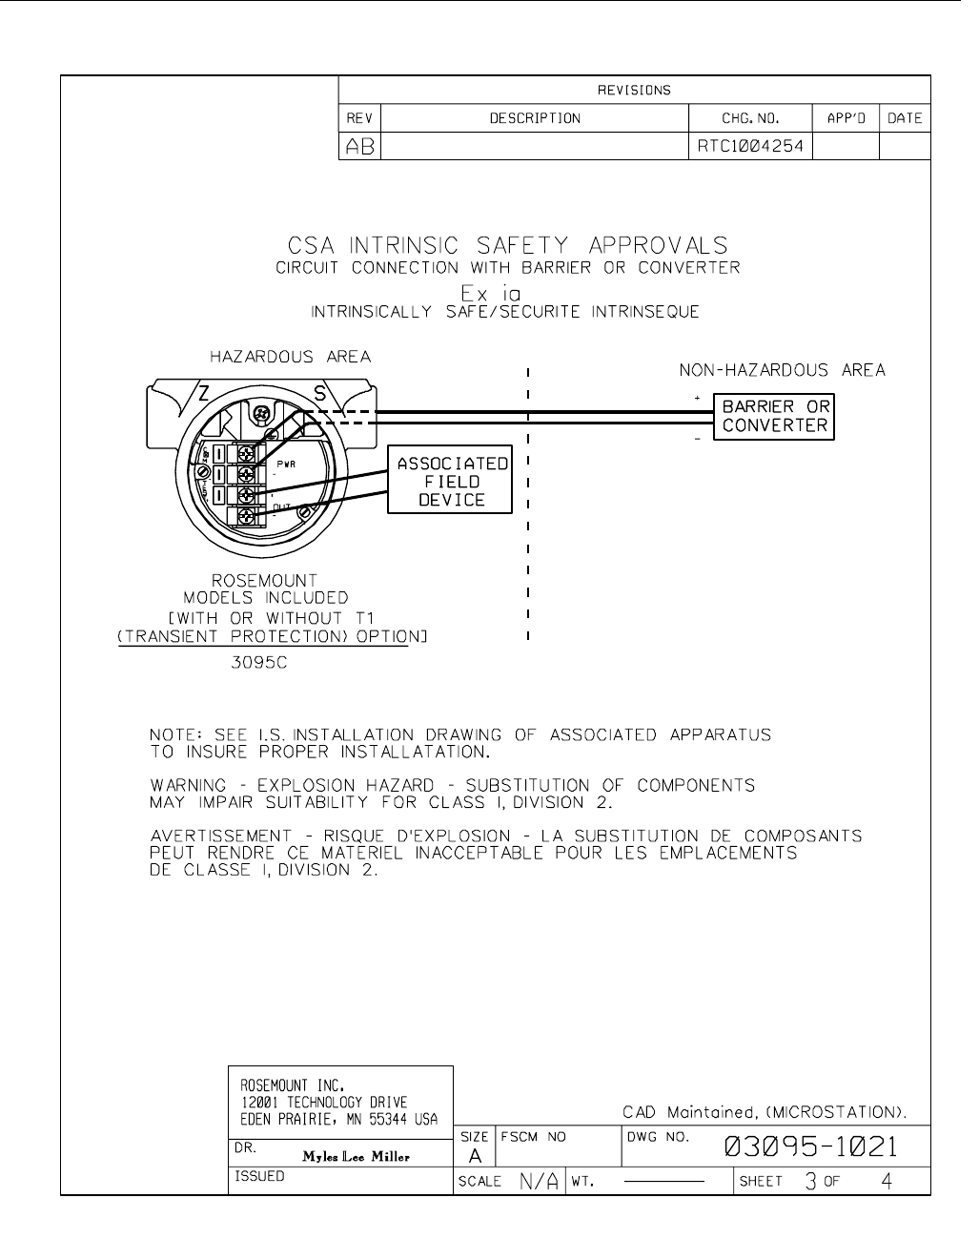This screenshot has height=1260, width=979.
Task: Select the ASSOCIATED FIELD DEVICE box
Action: click(x=452, y=481)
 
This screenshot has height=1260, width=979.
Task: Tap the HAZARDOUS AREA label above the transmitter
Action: click(x=291, y=357)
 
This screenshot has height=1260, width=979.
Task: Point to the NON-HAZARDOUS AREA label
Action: click(x=782, y=370)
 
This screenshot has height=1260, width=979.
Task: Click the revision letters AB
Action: click(x=359, y=147)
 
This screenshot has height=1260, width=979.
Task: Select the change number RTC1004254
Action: click(x=750, y=147)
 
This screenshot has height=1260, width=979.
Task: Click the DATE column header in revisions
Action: click(x=904, y=118)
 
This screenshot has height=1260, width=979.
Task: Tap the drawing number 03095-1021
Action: click(x=811, y=1146)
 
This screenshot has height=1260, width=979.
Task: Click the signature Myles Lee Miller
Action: click(x=356, y=1157)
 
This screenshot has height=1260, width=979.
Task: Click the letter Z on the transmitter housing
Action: click(x=204, y=393)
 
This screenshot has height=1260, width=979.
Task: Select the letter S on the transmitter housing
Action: click(x=320, y=393)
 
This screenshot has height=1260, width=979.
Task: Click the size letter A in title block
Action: click(x=474, y=1155)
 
